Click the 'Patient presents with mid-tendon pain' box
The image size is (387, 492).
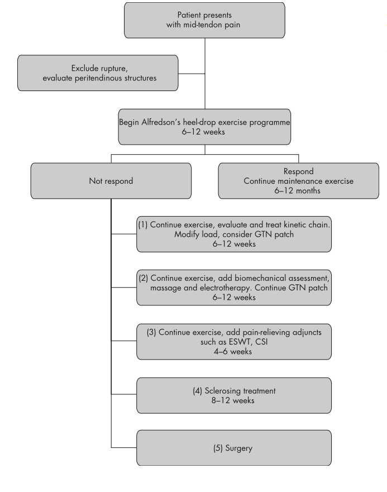pyautogui.click(x=204, y=21)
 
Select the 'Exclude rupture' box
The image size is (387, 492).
pyautogui.click(x=98, y=73)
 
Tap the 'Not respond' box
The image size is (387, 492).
pyautogui.click(x=111, y=181)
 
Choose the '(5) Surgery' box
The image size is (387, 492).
pyautogui.click(x=234, y=448)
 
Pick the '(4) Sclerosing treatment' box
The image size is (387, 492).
pyautogui.click(x=234, y=395)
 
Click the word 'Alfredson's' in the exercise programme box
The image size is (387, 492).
pyautogui.click(x=161, y=122)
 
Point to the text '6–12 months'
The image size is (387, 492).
pyautogui.click(x=298, y=190)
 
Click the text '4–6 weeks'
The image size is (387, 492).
pyautogui.click(x=233, y=351)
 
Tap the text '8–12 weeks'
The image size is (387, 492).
pyautogui.click(x=233, y=400)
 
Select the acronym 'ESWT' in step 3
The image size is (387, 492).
pyautogui.click(x=239, y=342)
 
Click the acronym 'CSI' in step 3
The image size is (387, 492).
pyautogui.click(x=261, y=342)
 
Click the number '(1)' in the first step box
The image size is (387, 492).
pyautogui.click(x=143, y=224)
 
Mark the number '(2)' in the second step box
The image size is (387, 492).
pyautogui.click(x=144, y=278)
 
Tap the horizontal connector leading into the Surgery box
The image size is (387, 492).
pyautogui.click(x=124, y=448)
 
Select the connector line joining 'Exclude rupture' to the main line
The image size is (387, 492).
pyautogui.click(x=192, y=74)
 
